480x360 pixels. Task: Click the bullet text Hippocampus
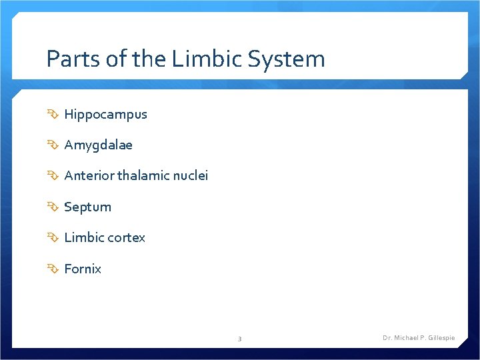[105, 115]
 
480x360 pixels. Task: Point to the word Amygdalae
[98, 145]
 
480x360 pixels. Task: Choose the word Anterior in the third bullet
[89, 176]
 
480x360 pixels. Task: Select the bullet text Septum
[87, 207]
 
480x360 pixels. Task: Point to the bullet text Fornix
[83, 269]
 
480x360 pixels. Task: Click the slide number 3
[240, 339]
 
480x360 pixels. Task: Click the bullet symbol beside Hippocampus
[53, 114]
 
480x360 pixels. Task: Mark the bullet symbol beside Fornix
[53, 269]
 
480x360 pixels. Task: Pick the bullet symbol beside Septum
[53, 207]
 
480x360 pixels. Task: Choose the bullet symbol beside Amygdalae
[53, 145]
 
